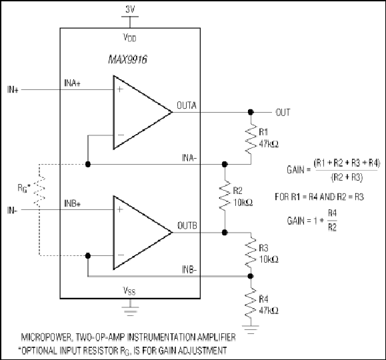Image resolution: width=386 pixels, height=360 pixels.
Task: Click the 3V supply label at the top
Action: click(130, 9)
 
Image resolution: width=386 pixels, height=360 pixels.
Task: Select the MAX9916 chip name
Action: click(127, 59)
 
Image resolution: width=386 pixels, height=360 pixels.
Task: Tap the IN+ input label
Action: click(13, 89)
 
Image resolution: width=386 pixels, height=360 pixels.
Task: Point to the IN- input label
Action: click(12, 210)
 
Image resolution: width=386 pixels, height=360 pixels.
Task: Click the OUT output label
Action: click(283, 113)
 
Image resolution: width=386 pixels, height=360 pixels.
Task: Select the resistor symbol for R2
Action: click(225, 196)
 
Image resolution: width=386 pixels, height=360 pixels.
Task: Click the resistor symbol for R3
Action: click(251, 253)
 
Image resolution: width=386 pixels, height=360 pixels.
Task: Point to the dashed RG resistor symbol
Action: click(39, 190)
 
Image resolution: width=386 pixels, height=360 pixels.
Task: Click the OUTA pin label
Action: click(187, 105)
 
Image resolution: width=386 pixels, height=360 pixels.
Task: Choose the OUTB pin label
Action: click(187, 225)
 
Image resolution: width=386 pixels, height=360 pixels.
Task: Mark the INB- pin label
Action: click(189, 270)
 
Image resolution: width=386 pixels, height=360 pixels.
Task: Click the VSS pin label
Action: click(129, 291)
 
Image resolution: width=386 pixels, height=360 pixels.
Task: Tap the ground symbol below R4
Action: click(251, 329)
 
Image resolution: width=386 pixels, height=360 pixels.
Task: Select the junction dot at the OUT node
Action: click(251, 112)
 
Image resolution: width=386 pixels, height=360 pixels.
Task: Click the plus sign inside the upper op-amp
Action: click(119, 89)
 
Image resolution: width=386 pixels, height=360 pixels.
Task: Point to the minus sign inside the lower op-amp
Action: click(121, 255)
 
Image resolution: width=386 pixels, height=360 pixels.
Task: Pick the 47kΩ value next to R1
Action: click(269, 144)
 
